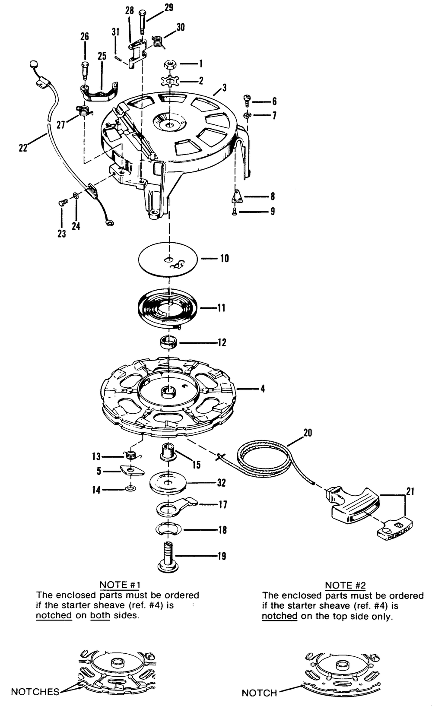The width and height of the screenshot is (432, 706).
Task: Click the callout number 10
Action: pos(224,258)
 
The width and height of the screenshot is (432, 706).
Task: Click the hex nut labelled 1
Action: pos(170,65)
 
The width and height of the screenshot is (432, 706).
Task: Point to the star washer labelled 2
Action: pos(169,81)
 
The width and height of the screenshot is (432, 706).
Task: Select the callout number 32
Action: pos(221,483)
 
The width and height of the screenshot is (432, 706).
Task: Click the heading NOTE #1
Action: pos(120,585)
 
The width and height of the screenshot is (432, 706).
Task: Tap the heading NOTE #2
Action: pos(345,585)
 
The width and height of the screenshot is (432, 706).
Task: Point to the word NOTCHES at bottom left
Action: pos(35,692)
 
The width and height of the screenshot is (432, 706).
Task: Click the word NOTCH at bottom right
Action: pos(259,693)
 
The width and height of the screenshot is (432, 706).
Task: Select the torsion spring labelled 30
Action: pos(158,41)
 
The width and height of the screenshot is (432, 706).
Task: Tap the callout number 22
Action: pos(23,147)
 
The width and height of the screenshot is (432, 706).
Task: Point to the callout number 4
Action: pos(262,389)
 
